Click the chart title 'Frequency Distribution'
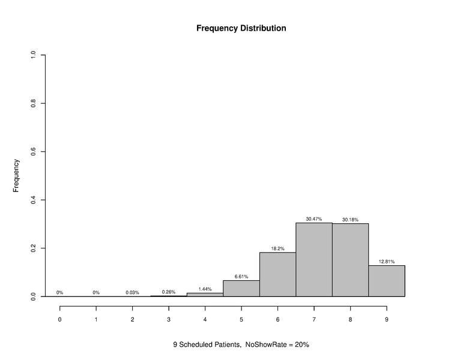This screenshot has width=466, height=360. (241, 28)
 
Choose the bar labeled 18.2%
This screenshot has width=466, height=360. (277, 274)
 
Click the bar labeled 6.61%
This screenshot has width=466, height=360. (241, 288)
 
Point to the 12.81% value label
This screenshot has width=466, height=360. (386, 262)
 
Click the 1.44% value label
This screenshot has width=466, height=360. (205, 289)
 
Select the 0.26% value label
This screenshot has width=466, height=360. (169, 292)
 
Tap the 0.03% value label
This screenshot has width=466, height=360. (132, 293)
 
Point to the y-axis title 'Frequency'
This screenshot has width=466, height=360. (17, 175)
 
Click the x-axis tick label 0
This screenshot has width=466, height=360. (59, 319)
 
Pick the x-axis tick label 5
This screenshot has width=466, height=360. (241, 319)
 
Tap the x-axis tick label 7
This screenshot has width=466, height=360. (313, 319)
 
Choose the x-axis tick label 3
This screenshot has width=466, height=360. (169, 319)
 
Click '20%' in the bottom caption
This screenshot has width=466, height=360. (301, 345)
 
